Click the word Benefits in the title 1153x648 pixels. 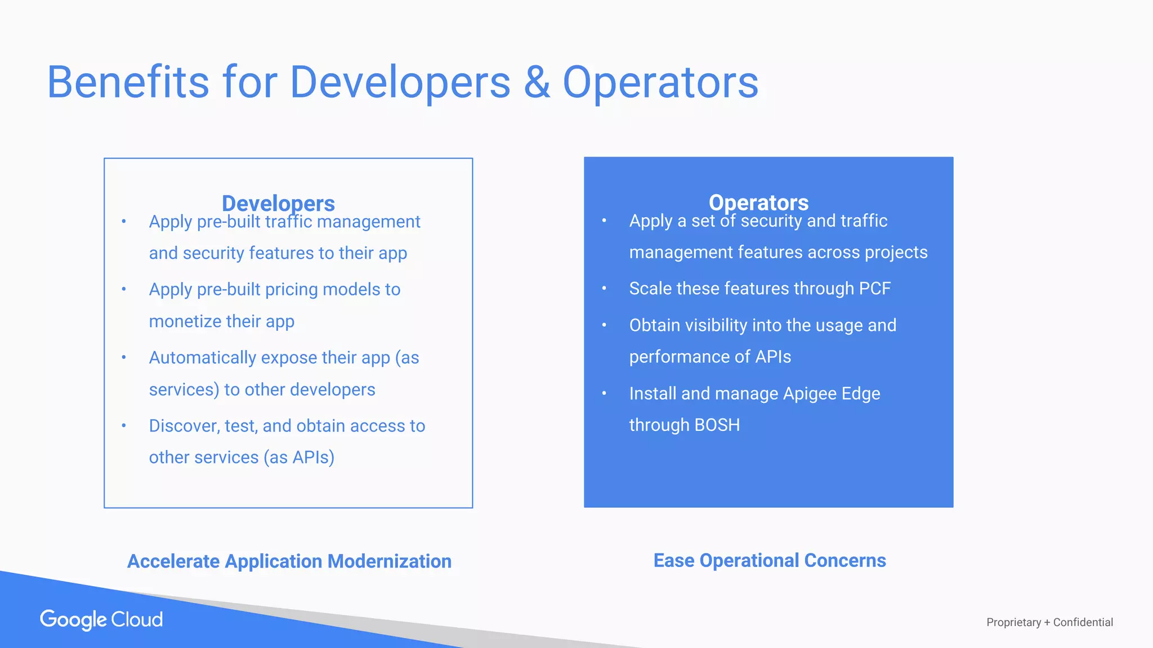[128, 83]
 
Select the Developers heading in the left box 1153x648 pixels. [278, 202]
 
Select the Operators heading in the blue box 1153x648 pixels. [758, 202]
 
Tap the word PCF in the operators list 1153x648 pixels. [874, 289]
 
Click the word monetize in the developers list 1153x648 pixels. [185, 321]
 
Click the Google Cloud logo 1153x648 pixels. [101, 619]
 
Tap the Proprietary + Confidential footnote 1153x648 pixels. [1049, 622]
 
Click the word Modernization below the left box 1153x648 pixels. [389, 561]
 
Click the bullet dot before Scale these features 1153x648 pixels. [604, 289]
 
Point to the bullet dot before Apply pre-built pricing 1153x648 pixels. [124, 290]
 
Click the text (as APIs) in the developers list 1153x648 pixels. [299, 457]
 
